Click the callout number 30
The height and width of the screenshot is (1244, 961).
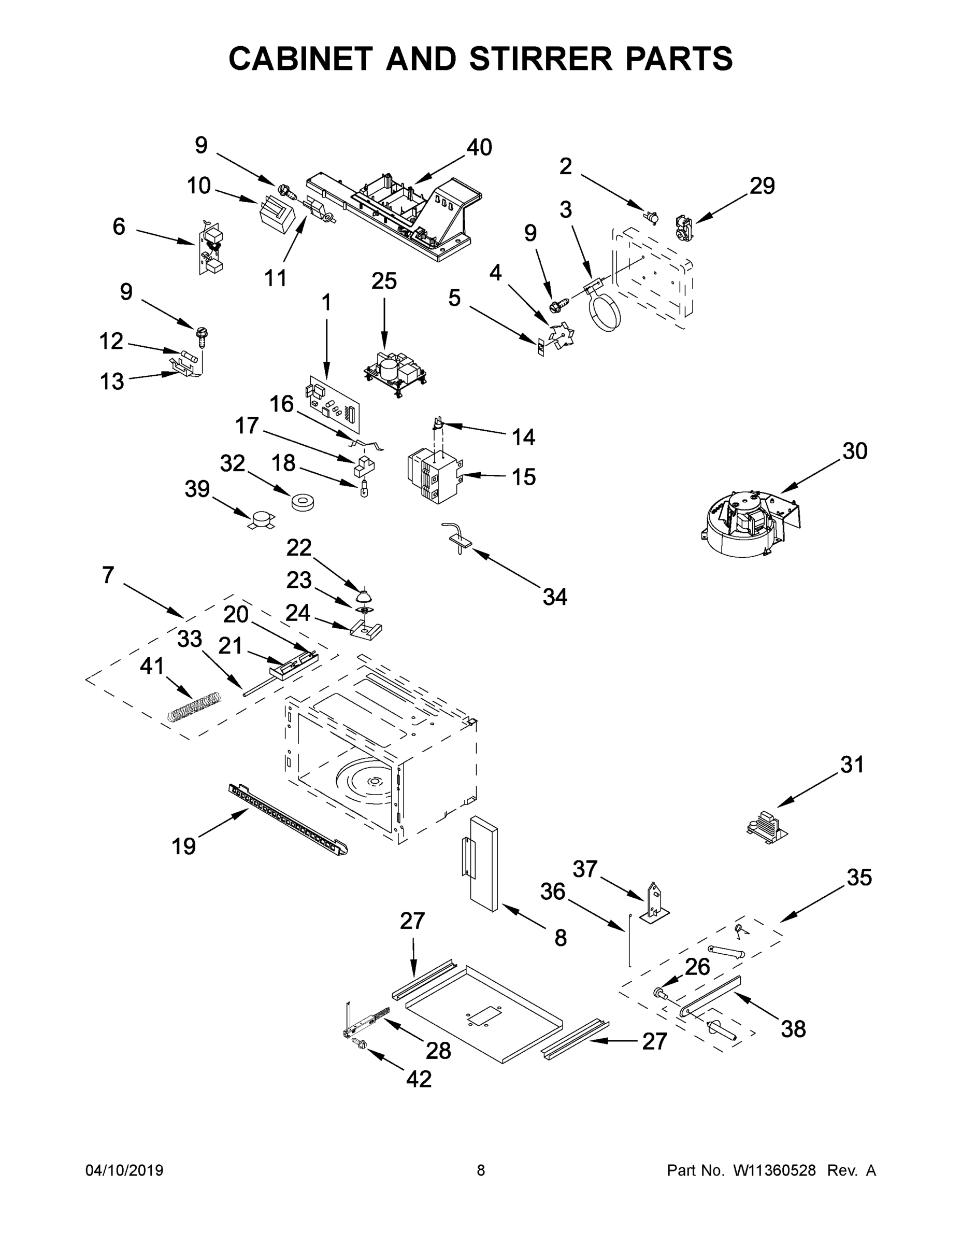tap(854, 451)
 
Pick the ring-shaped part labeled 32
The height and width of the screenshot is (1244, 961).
tap(303, 503)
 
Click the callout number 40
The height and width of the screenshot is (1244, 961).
tap(479, 148)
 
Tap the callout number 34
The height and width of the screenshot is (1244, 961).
tap(554, 597)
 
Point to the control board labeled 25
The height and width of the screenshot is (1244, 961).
tap(396, 371)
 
